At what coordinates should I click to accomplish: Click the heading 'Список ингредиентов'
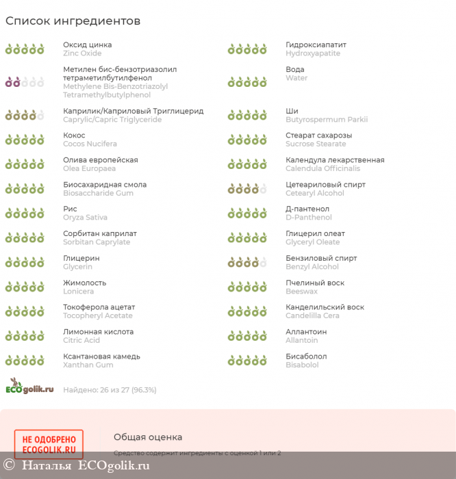coord(73,21)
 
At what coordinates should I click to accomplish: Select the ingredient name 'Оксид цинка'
coord(87,45)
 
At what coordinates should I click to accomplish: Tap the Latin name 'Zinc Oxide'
coord(82,53)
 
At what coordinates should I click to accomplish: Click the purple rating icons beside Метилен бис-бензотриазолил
coord(25,82)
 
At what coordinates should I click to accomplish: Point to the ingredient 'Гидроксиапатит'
coord(316,45)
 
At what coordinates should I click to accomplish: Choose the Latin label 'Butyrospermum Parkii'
coord(326,119)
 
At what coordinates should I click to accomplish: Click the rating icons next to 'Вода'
coord(247,82)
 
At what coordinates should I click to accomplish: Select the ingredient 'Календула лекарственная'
coord(335,160)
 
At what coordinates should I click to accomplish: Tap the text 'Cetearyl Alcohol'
coord(315,193)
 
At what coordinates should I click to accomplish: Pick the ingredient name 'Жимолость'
coord(85,283)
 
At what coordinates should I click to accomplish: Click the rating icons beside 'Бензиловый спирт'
coord(247,262)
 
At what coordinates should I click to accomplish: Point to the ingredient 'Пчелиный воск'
coord(315,283)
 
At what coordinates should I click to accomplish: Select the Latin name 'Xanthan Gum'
coord(88,365)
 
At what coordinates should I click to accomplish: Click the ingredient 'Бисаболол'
coord(306,357)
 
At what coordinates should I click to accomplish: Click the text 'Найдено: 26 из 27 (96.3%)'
coord(110,390)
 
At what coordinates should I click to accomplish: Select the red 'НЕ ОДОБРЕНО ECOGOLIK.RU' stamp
coord(49,444)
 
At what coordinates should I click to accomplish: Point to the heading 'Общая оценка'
coord(148,437)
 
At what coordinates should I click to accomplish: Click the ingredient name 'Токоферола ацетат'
coord(99,307)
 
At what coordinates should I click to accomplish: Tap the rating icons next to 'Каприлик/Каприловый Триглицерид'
coord(25,115)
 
